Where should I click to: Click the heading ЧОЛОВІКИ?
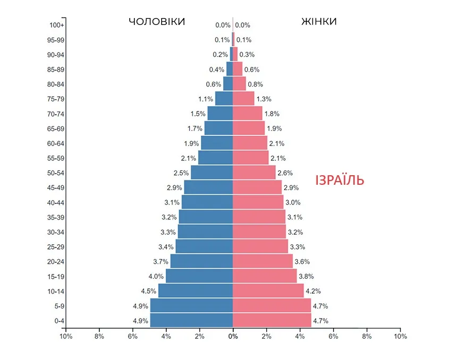(157, 22)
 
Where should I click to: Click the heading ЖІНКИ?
(319, 22)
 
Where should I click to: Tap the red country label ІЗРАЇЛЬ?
(340, 180)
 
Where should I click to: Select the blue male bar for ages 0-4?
(191, 320)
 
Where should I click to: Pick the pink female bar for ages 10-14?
(268, 290)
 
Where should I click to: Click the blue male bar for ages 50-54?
(212, 173)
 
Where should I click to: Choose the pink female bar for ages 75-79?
(244, 99)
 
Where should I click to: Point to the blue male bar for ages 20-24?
(201, 261)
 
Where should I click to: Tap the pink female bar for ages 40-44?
(258, 202)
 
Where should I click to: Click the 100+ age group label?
(56, 25)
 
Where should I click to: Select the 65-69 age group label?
(56, 128)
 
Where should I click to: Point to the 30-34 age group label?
(56, 232)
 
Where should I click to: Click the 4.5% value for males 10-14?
(148, 291)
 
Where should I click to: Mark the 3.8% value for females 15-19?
(306, 276)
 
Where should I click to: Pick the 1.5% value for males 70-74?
(198, 114)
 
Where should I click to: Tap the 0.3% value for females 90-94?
(247, 54)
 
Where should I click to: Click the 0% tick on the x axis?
(233, 337)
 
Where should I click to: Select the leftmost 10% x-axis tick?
(65, 337)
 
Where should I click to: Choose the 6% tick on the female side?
(333, 337)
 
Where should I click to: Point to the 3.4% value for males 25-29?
(166, 247)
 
